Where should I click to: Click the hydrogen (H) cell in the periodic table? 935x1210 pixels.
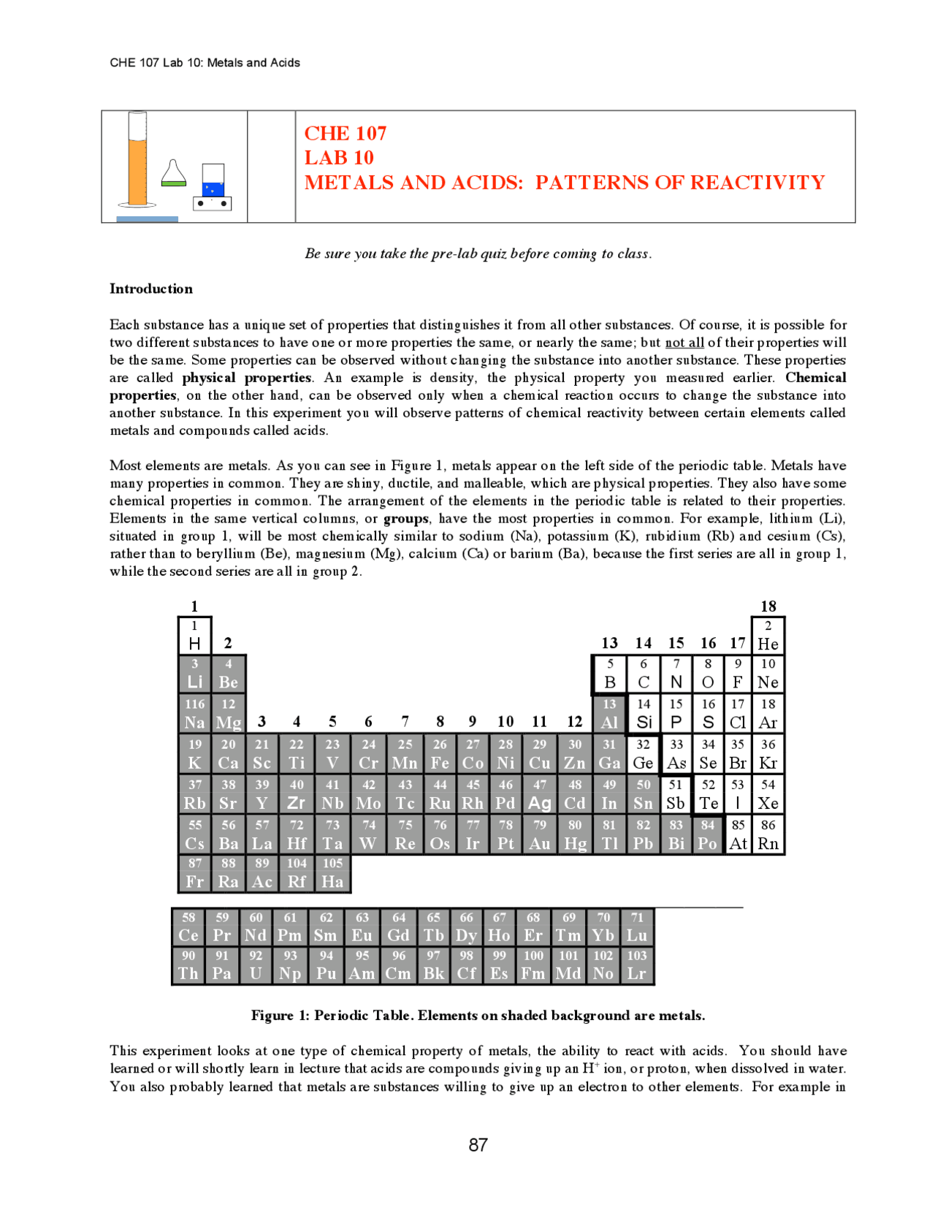[x=195, y=636]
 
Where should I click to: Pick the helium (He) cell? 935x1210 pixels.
[x=768, y=636]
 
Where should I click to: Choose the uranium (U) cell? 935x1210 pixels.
[x=256, y=965]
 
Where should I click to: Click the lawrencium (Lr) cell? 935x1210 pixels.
[x=636, y=965]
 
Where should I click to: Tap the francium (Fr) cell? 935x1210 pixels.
[x=195, y=874]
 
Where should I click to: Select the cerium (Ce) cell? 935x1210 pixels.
[x=188, y=927]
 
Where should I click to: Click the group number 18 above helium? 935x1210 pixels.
[x=768, y=606]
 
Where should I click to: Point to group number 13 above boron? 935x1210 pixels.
[x=609, y=643]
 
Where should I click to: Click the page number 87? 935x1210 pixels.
[x=478, y=1145]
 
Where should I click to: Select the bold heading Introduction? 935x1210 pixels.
[x=151, y=289]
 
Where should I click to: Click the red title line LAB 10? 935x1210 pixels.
[x=339, y=158]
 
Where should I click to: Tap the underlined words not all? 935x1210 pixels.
[x=684, y=343]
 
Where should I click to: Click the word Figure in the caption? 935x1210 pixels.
[x=272, y=1016]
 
